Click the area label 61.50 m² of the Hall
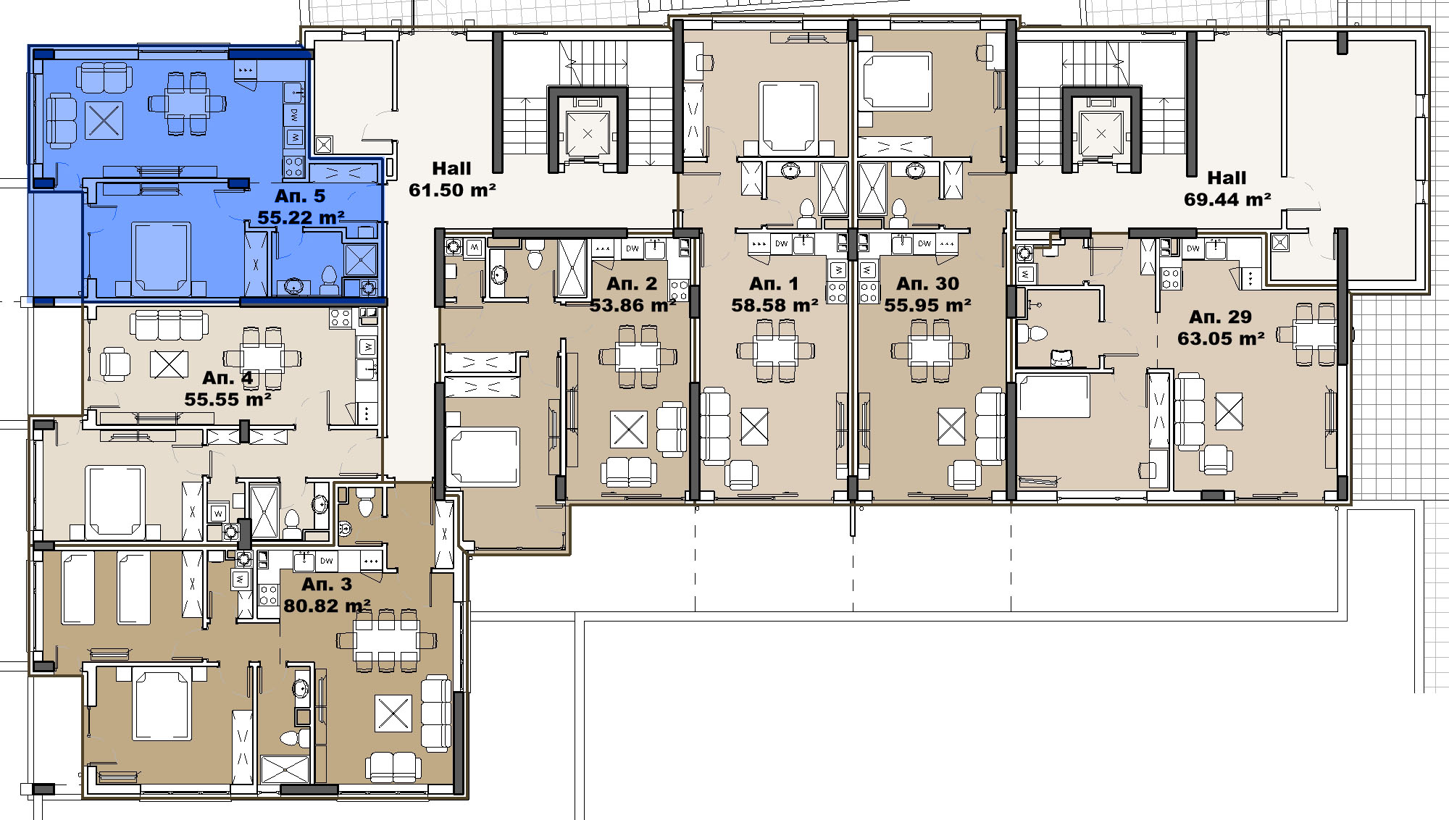452,191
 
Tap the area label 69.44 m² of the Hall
1227,200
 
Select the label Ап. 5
300,196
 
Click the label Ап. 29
1221,317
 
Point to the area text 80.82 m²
327,606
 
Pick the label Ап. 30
927,284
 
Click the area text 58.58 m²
774,306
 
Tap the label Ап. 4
227,378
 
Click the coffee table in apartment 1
754,426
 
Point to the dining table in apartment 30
930,351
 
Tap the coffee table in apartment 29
1229,411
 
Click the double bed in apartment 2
483,456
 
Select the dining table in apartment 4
262,359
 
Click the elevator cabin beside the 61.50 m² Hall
588,134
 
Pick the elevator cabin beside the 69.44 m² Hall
1101,134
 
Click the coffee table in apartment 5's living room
104,120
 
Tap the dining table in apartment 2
638,356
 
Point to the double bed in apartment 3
162,706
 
